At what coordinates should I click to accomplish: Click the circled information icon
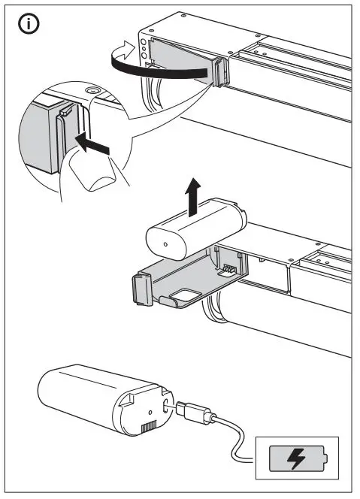(x=29, y=24)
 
